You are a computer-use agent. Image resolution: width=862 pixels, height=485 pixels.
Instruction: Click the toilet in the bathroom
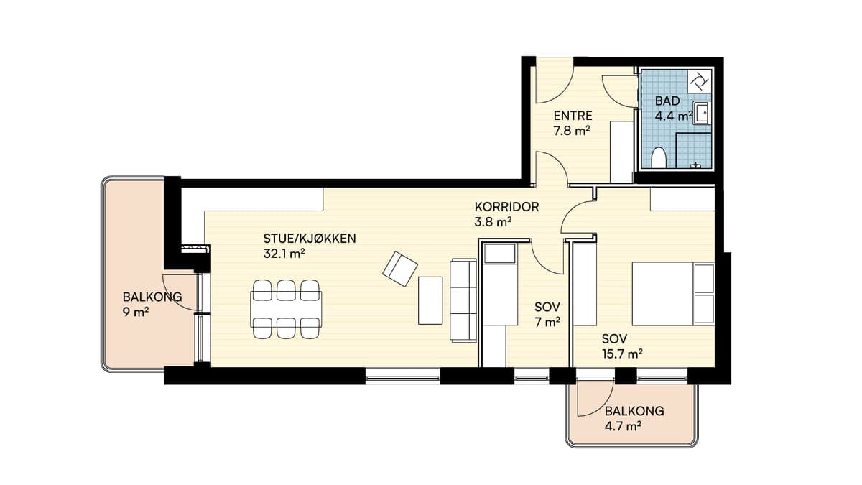659,157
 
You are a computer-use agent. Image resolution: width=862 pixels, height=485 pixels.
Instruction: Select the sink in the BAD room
702,113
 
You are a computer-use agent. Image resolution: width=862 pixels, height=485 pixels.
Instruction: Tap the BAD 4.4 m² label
674,108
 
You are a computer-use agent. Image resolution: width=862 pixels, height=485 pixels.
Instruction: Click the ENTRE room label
573,116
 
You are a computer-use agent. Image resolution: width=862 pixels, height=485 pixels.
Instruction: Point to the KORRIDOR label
506,207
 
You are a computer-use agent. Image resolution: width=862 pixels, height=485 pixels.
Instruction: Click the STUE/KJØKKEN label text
310,239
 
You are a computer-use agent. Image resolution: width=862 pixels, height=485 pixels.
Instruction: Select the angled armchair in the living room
400,269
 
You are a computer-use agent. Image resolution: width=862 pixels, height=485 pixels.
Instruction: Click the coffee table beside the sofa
430,300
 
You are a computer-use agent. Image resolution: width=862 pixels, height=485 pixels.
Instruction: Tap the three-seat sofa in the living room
463,300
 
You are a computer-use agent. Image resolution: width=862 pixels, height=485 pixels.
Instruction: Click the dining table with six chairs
286,309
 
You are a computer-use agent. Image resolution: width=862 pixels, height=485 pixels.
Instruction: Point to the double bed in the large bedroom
673,294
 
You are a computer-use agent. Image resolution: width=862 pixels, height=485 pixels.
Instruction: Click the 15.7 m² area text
622,354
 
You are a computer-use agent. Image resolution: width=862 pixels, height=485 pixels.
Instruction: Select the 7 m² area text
547,322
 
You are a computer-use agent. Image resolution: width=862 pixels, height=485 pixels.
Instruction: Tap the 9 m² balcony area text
136,312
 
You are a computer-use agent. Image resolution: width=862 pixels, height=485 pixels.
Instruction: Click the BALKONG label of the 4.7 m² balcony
634,411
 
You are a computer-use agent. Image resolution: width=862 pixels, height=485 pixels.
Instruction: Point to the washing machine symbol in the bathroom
699,81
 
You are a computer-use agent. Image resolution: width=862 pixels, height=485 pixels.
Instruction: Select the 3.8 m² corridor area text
493,222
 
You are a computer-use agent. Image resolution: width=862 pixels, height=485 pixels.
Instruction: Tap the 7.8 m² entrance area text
572,131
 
